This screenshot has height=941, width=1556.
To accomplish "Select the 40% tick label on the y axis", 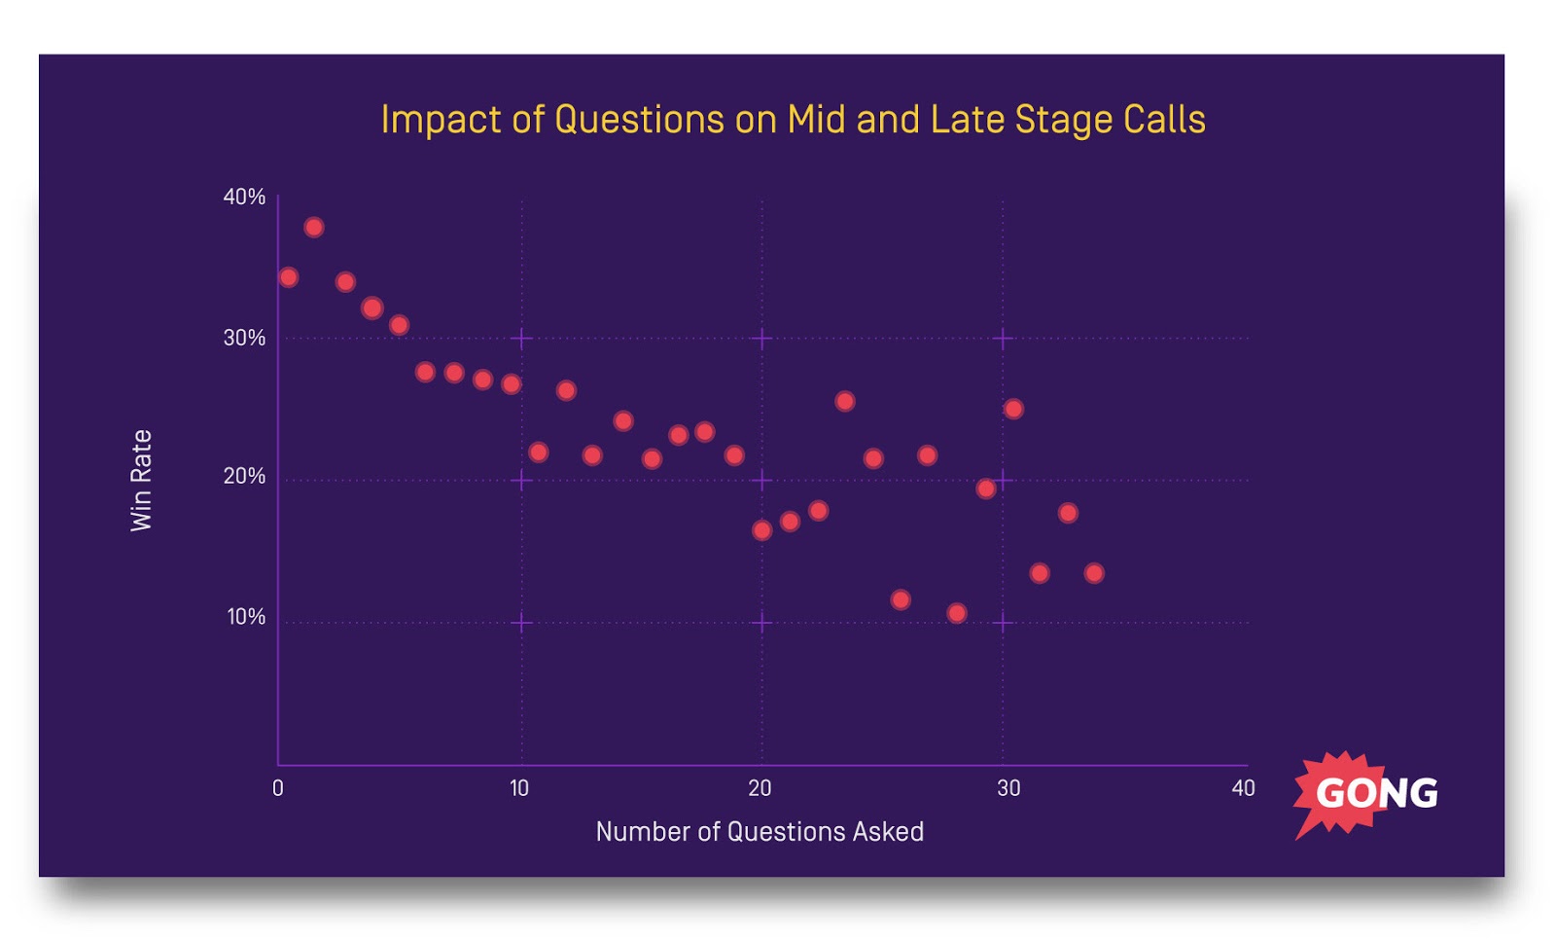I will pos(244,197).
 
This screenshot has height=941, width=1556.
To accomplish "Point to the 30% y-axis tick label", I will pos(244,338).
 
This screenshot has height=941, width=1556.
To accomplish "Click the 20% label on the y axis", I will pos(244,476).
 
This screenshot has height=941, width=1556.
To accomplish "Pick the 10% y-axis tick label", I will pos(246,617).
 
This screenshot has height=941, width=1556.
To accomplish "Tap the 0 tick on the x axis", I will pos(278,788).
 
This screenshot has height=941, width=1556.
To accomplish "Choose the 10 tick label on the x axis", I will pos(519,788).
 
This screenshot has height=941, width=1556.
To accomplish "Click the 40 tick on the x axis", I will pos(1243,788).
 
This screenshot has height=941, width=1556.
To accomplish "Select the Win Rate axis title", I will pos(142,481).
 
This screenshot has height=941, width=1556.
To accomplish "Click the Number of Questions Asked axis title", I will pos(760,832).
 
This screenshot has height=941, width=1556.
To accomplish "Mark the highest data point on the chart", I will pos(313,228).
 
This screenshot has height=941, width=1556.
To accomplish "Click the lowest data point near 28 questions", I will pos(957,613).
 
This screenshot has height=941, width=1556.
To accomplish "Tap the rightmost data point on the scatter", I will pos(1094,573).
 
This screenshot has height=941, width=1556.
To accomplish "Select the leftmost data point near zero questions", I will pos(288,277).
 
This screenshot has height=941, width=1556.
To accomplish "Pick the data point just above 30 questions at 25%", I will pos(1013,409).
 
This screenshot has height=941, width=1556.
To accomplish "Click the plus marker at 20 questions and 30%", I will pos(762,339).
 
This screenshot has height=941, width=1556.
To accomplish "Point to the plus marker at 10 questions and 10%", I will pos(522,623).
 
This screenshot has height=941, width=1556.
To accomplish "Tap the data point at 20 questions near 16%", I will pos(762,530).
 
